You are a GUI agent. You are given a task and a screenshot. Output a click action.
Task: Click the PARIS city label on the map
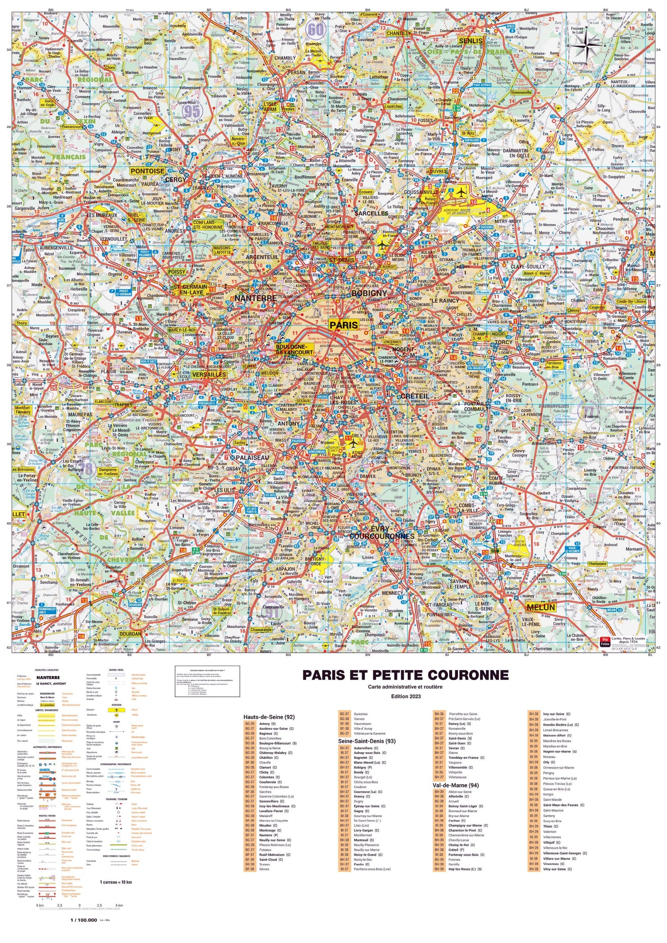pyautogui.click(x=343, y=325)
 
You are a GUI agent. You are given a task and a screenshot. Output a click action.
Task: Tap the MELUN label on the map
pyautogui.click(x=541, y=607)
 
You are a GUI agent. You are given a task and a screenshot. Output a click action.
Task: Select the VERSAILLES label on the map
pyautogui.click(x=209, y=375)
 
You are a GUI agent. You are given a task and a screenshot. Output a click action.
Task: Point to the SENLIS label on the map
pyautogui.click(x=470, y=41)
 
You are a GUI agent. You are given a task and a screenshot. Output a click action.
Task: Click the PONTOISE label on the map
pyautogui.click(x=148, y=171)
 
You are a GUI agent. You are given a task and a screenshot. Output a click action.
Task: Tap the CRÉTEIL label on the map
pyautogui.click(x=414, y=396)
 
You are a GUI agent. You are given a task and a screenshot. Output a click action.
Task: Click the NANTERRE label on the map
pyautogui.click(x=255, y=298)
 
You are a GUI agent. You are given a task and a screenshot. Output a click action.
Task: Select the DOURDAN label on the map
pyautogui.click(x=130, y=633)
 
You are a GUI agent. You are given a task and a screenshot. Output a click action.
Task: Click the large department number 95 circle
pyautogui.click(x=192, y=111)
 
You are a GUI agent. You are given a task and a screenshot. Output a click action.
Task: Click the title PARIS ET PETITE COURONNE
pyautogui.click(x=405, y=675)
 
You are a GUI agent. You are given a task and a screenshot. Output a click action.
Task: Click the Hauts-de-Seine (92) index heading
pyautogui.click(x=269, y=717)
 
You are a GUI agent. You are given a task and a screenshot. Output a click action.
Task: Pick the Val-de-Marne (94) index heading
pyautogui.click(x=455, y=785)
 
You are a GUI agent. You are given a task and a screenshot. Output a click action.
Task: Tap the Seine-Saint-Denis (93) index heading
pyautogui.click(x=367, y=741)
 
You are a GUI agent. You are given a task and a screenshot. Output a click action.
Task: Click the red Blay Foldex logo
pyautogui.click(x=605, y=642)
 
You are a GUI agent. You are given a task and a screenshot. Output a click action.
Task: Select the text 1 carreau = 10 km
pyautogui.click(x=116, y=882)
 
